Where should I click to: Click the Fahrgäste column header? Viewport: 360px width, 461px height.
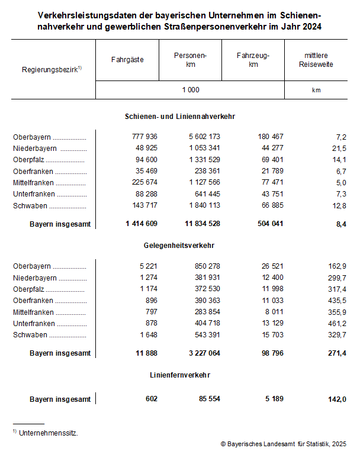(127, 60)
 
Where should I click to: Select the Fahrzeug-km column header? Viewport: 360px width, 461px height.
(253, 60)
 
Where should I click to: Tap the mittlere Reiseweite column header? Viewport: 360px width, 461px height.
(316, 60)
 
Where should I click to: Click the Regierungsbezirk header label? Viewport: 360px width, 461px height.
(51, 69)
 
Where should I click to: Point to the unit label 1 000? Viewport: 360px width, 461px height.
(190, 90)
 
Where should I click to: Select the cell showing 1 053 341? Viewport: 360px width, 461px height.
(201, 148)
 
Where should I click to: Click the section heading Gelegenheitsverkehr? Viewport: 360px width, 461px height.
(179, 245)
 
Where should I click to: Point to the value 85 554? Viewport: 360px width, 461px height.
(207, 399)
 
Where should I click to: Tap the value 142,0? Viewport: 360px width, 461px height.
(336, 399)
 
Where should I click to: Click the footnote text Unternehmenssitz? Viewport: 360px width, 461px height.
(49, 433)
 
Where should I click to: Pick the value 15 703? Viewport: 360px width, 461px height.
(271, 335)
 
